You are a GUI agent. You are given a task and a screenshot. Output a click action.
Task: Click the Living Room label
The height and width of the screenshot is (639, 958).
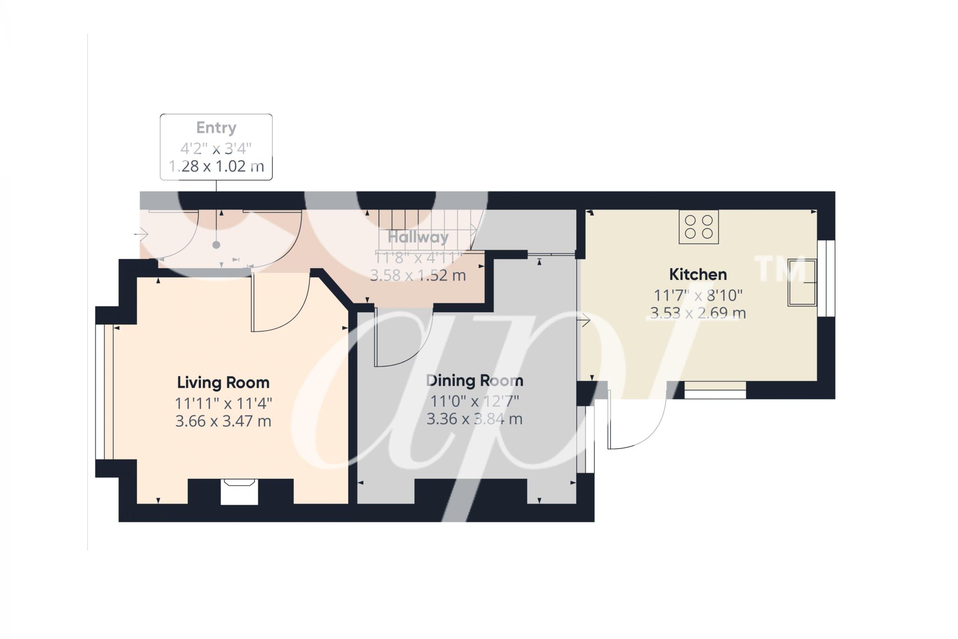pos(223,382)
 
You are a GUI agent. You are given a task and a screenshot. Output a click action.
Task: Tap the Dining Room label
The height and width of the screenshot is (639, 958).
pos(474,381)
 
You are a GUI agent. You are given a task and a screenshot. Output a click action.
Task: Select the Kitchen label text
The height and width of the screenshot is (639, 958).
pos(697,274)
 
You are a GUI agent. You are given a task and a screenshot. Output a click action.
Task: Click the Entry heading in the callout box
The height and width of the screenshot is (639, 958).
pos(216,128)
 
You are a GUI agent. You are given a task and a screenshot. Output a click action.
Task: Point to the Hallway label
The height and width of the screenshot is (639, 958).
pos(418,237)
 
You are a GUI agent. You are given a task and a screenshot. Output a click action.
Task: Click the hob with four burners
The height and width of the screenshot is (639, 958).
pos(698,227)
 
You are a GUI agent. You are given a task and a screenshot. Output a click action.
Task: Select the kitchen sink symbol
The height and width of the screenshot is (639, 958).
pos(802,282)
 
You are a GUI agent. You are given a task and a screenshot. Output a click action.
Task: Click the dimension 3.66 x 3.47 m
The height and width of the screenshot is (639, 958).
pos(223,421)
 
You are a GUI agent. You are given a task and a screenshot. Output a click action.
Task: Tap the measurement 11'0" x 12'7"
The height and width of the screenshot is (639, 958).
pos(474,401)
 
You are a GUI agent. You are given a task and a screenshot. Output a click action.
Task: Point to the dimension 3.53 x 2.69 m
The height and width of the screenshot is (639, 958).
pos(697,313)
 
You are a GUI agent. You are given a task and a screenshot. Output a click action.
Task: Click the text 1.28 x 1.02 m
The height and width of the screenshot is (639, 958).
pos(216,166)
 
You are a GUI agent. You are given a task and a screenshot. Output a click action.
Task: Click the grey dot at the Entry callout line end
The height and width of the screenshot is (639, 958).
pos(216,245)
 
